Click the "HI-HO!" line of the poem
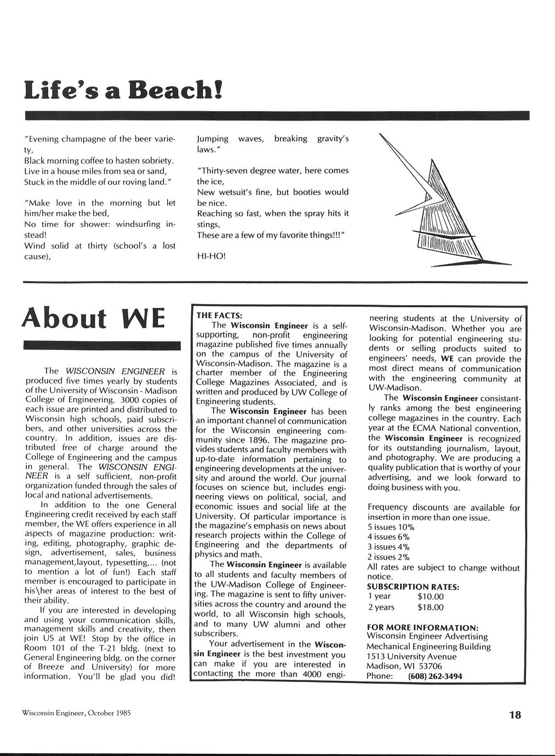[x=211, y=256]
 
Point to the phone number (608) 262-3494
[x=435, y=676]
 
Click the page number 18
[x=514, y=714]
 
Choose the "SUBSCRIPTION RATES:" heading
[x=413, y=587]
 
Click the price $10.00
[x=430, y=597]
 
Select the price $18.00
[x=430, y=607]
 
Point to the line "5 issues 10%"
[x=391, y=527]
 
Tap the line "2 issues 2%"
[x=388, y=557]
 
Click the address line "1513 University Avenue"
[x=411, y=656]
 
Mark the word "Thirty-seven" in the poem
[x=221, y=171]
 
